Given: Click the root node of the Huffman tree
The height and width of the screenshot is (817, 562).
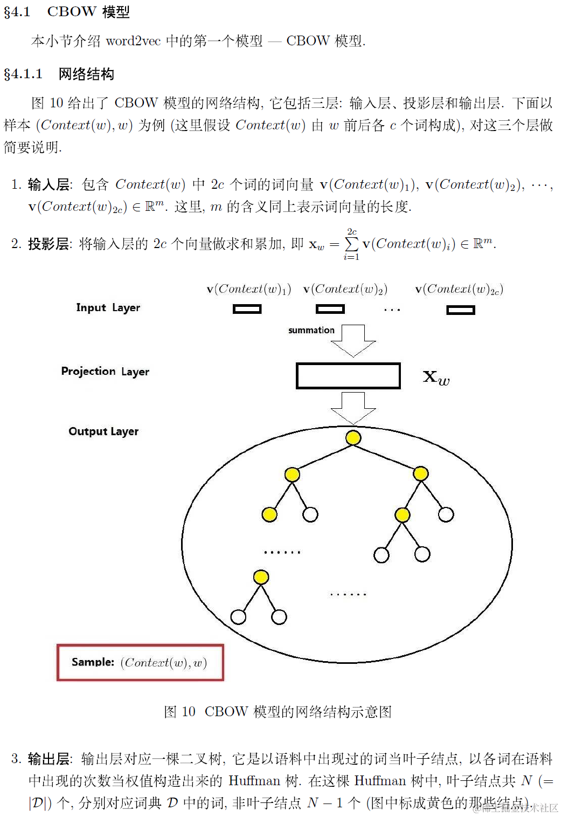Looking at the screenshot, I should pos(353,437).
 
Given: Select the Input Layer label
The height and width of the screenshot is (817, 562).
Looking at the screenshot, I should pos(108,308).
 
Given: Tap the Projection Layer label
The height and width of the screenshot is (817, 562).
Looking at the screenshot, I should pos(105,372).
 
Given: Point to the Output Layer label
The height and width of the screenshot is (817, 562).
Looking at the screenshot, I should pos(103,431).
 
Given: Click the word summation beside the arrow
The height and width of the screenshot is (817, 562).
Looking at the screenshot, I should pos(311,330).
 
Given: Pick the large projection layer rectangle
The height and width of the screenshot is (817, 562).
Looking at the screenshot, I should pos(348,376).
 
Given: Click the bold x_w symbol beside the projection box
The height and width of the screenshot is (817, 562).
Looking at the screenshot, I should pos(436,377).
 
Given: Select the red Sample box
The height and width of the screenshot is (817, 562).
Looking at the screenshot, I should pos(140,662).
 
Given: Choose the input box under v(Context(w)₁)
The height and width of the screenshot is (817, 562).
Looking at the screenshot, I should pos(247,309).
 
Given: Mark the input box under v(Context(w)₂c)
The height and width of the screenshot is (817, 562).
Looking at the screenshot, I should pos(461,310).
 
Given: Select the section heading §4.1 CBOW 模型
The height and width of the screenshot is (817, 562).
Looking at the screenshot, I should pos(67,12).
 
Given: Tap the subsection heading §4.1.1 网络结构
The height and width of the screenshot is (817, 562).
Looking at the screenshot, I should pos(59,74).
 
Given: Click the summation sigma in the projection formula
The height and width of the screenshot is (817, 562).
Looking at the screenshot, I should pos(351,244).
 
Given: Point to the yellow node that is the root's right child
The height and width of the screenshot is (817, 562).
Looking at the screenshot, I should pos(421,474).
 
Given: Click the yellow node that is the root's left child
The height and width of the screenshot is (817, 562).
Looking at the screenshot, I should pos(292,475).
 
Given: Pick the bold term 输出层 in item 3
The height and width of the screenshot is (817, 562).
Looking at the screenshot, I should pos(48,759).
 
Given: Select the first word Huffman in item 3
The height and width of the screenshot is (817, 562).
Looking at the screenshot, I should pos(254,781).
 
